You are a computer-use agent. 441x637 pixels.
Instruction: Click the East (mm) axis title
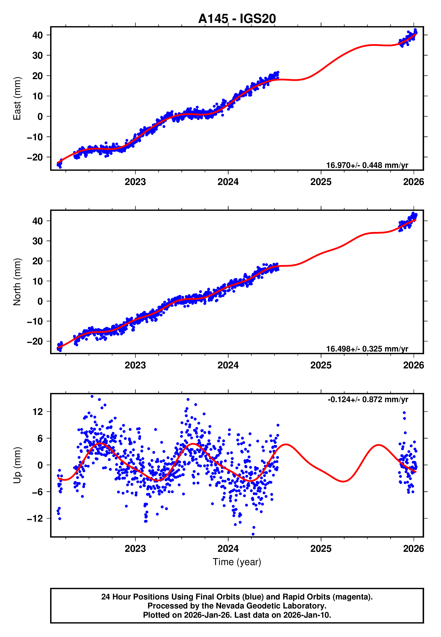tap(17, 98)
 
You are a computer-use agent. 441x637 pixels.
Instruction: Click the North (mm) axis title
tap(17, 282)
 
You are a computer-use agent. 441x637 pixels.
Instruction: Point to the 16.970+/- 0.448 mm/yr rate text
tap(367, 165)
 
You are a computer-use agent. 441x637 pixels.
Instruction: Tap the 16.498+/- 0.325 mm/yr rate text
tap(367, 349)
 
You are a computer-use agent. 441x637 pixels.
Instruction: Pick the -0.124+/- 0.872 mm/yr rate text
tap(368, 399)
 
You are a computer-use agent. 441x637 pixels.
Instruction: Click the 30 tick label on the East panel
tap(38, 56)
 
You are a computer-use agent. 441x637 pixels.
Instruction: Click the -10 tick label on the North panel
tap(35, 321)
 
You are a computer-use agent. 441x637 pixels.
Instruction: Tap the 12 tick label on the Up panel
tap(38, 412)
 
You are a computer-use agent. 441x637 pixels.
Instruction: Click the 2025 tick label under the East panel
tap(321, 182)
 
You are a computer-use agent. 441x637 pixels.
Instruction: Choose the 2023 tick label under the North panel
tap(135, 365)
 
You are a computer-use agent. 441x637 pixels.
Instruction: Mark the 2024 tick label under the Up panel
tap(228, 548)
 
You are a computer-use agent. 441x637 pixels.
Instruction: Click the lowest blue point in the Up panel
tap(253, 534)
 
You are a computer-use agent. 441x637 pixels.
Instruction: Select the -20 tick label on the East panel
tap(35, 157)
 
